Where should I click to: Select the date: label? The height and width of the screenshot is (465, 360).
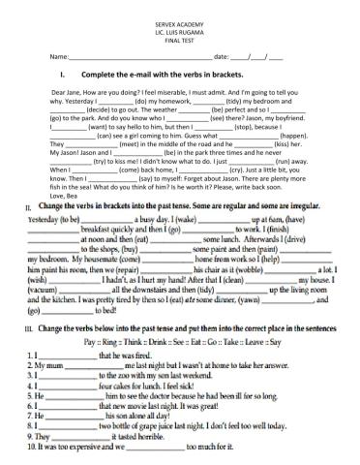tap(221, 57)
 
